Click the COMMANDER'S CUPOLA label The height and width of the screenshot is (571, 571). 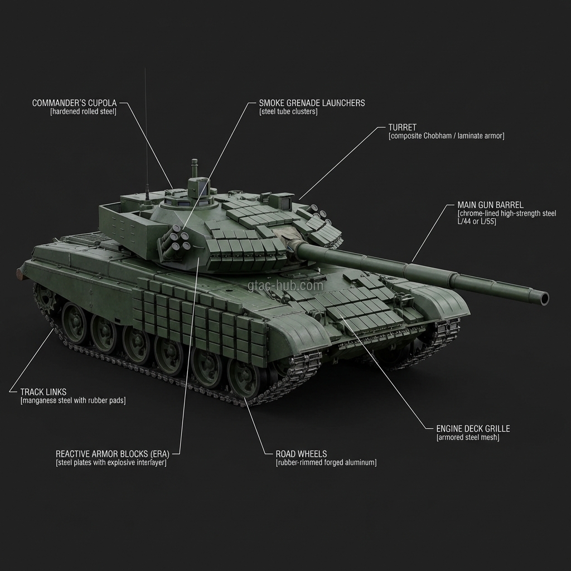(x=74, y=103)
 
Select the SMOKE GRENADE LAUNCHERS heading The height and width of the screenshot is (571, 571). (x=312, y=103)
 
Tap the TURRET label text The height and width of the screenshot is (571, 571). (x=402, y=128)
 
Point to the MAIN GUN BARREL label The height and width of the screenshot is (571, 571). (x=490, y=205)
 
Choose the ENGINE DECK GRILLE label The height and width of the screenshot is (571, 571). (x=473, y=429)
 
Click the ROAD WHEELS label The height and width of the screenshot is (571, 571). (x=301, y=454)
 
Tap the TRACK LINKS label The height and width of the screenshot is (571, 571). (x=43, y=392)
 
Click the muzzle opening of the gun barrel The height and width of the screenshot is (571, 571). (x=544, y=298)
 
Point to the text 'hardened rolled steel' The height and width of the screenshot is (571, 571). (x=83, y=112)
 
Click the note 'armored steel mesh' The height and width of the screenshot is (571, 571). (x=467, y=438)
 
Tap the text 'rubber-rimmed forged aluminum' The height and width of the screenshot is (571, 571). (x=326, y=463)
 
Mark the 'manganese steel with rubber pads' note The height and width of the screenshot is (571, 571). (x=72, y=401)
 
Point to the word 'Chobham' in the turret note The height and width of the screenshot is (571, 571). (x=440, y=136)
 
